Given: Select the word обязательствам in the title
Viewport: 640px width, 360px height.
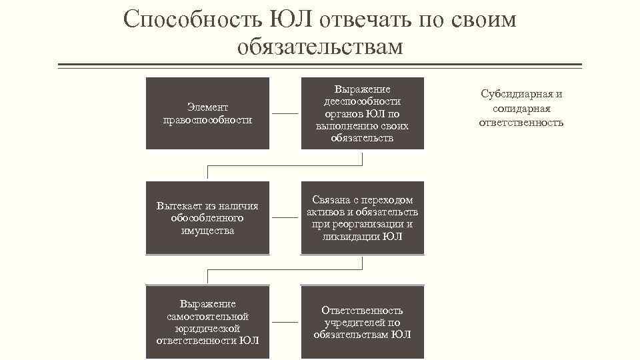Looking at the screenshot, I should (x=320, y=47).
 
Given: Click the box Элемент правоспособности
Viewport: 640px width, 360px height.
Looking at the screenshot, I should (x=208, y=113).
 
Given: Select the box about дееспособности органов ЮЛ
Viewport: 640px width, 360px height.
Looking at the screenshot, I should (x=362, y=113).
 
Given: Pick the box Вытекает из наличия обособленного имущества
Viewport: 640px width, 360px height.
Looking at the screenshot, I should (x=208, y=218).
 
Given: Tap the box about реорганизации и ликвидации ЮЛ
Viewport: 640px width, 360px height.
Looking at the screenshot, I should (x=362, y=218).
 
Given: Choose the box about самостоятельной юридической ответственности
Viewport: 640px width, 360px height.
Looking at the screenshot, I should (x=208, y=322).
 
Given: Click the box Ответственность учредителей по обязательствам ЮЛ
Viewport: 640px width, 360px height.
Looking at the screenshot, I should (x=362, y=322).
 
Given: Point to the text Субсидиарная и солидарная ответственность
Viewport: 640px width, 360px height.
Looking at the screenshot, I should (x=521, y=108).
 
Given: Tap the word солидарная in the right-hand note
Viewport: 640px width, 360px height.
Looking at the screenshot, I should (x=521, y=108).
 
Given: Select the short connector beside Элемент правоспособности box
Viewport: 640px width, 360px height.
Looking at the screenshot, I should (x=285, y=114).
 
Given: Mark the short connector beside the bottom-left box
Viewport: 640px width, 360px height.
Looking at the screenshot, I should (x=285, y=322).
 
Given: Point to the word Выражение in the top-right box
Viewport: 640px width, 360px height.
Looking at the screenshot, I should (x=362, y=89).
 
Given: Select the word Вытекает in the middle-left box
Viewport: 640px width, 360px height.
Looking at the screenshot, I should (x=178, y=206).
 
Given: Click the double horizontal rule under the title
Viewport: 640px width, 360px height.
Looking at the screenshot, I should (x=320, y=65).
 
